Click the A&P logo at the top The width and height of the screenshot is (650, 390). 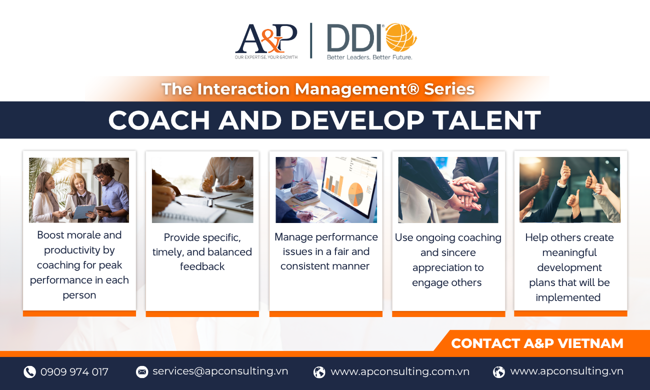pos(266,41)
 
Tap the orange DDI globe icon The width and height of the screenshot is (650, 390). pos(401,37)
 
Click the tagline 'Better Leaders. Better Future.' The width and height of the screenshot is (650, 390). pos(369,57)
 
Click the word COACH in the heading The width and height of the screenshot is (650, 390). pos(159,120)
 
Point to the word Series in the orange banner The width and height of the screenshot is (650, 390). pos(449,89)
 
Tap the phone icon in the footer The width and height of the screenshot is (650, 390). pos(29,371)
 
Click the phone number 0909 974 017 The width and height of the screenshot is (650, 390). pos(74,371)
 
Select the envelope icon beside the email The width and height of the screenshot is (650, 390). pos(142,371)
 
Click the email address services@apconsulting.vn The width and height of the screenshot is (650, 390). pos(220,371)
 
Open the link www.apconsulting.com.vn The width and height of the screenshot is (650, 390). pos(400,371)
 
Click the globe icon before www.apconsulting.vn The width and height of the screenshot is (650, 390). pos(499,371)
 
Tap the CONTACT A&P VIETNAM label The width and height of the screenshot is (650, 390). pos(537,343)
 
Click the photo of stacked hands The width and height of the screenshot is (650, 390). pos(448,190)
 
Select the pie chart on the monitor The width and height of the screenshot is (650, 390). pos(355,193)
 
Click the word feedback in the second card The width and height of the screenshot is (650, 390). pos(202,266)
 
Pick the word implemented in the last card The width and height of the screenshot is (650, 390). pos(568,297)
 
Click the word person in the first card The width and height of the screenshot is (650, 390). pos(79,295)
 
